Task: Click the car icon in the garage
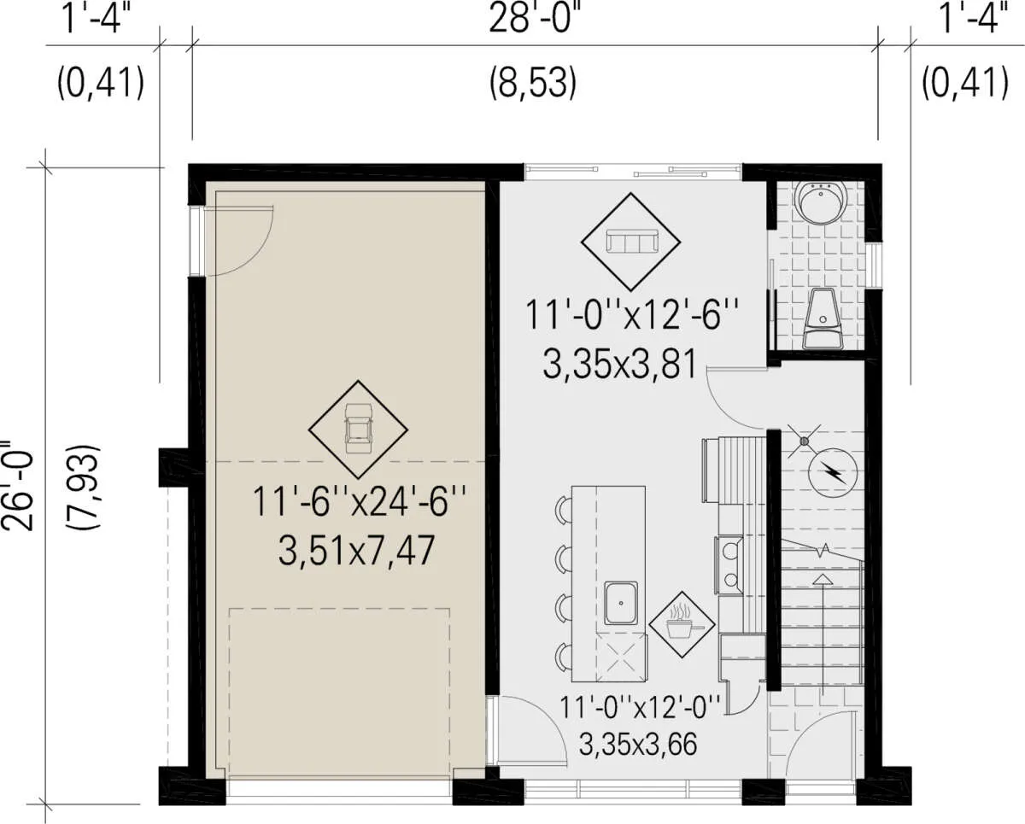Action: coord(358,428)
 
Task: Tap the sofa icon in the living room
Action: coord(631,241)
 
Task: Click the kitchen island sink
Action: coord(621,603)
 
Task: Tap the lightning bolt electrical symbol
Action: coord(833,472)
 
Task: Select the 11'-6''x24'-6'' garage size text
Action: coord(358,501)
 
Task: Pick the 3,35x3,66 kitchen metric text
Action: coord(638,744)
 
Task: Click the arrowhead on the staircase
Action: coord(822,579)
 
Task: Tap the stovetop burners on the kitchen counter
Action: coord(729,565)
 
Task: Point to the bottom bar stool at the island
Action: coord(564,657)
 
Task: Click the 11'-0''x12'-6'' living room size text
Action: coord(632,314)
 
